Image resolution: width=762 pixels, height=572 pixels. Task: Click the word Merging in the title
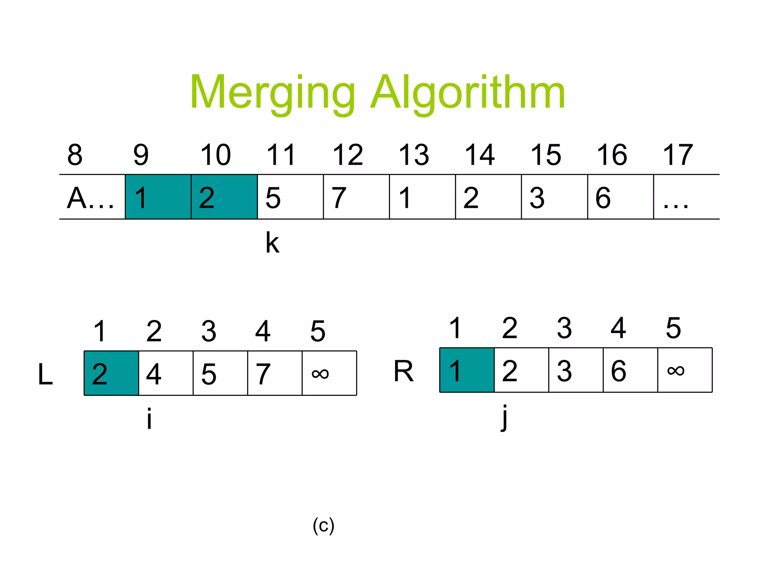pos(273,93)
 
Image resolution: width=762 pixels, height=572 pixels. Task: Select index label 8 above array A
pos(75,155)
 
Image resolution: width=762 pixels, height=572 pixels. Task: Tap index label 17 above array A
pos(678,155)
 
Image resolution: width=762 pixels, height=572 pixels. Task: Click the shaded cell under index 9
pos(158,197)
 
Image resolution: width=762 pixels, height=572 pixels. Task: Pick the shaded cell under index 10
pos(224,197)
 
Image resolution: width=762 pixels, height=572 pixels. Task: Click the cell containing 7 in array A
pos(356,197)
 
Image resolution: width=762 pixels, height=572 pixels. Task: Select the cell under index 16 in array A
pos(620,197)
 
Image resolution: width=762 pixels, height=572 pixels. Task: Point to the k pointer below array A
pos(272,243)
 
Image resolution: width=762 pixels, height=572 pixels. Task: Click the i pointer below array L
pos(149,419)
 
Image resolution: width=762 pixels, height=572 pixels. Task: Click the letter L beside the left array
pos(45,374)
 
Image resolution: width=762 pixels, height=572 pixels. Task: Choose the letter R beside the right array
pos(403,371)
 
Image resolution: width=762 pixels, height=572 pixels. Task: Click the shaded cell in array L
pos(111,373)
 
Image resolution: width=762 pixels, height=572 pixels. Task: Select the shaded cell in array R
pos(467,370)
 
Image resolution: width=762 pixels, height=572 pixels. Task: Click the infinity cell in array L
pos(329,373)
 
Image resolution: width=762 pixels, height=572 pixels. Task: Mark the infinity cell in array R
pos(685,370)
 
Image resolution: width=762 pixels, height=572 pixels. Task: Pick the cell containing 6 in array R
pos(630,370)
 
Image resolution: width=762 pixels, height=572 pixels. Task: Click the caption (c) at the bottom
pos(323,525)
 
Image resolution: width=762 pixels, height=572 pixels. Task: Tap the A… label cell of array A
pos(92,197)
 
